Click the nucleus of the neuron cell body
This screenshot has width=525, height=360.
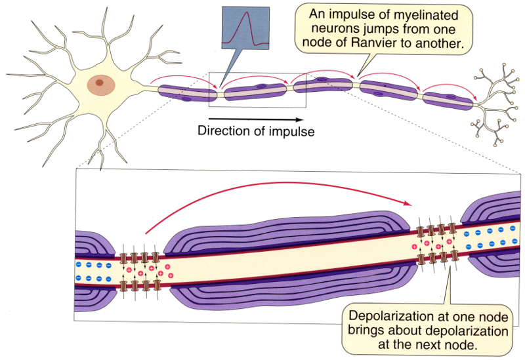coord(100,83)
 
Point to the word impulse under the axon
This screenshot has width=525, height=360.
coord(291,130)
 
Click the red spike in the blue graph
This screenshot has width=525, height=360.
coord(247,30)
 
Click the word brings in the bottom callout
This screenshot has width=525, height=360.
coord(372,329)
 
